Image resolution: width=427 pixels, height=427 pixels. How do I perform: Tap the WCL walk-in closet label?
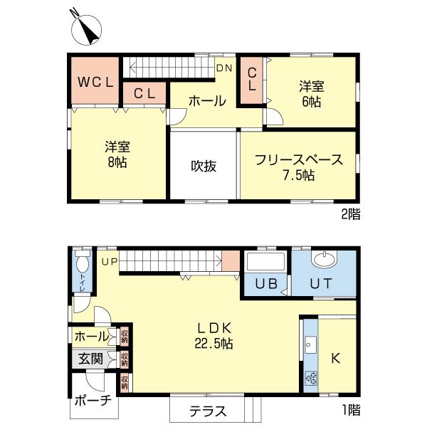click(x=95, y=81)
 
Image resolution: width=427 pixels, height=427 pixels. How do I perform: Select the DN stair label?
click(x=224, y=68)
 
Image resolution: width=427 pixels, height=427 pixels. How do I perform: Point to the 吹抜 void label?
click(x=204, y=165)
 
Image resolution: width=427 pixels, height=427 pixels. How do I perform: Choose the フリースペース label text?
click(x=299, y=159)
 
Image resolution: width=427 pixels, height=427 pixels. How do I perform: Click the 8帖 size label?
click(x=117, y=162)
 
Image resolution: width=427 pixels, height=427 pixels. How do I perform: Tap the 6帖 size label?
click(x=312, y=102)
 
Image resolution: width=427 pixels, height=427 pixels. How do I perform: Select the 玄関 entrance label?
click(x=90, y=358)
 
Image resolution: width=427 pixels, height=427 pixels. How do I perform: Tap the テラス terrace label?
click(x=208, y=411)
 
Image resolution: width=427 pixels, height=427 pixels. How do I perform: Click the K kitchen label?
click(x=336, y=358)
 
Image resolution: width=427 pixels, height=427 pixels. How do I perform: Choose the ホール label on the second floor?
click(x=207, y=102)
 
